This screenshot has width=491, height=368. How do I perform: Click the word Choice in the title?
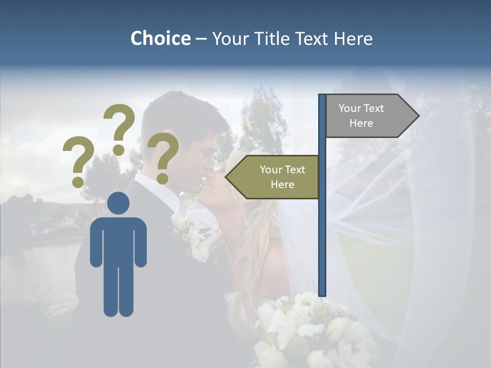click(x=160, y=39)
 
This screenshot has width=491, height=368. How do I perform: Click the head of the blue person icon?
click(x=119, y=203)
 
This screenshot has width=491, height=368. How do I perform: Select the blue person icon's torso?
click(x=119, y=240)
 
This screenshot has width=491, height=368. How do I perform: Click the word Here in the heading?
click(x=353, y=39)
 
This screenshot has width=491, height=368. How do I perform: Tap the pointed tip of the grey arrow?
click(x=418, y=116)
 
